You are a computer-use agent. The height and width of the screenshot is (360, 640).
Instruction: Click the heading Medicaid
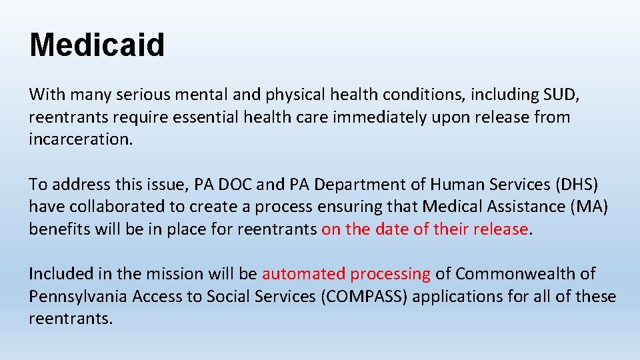coord(97,45)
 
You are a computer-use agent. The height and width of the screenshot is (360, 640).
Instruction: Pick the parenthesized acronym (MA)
coord(588,207)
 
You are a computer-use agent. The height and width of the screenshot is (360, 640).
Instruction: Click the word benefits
coord(59,229)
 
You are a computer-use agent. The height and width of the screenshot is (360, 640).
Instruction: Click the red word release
coord(500,229)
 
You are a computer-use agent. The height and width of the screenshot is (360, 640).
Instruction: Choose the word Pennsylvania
coord(78,296)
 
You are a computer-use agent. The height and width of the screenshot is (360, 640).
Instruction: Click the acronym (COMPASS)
coord(364,296)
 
